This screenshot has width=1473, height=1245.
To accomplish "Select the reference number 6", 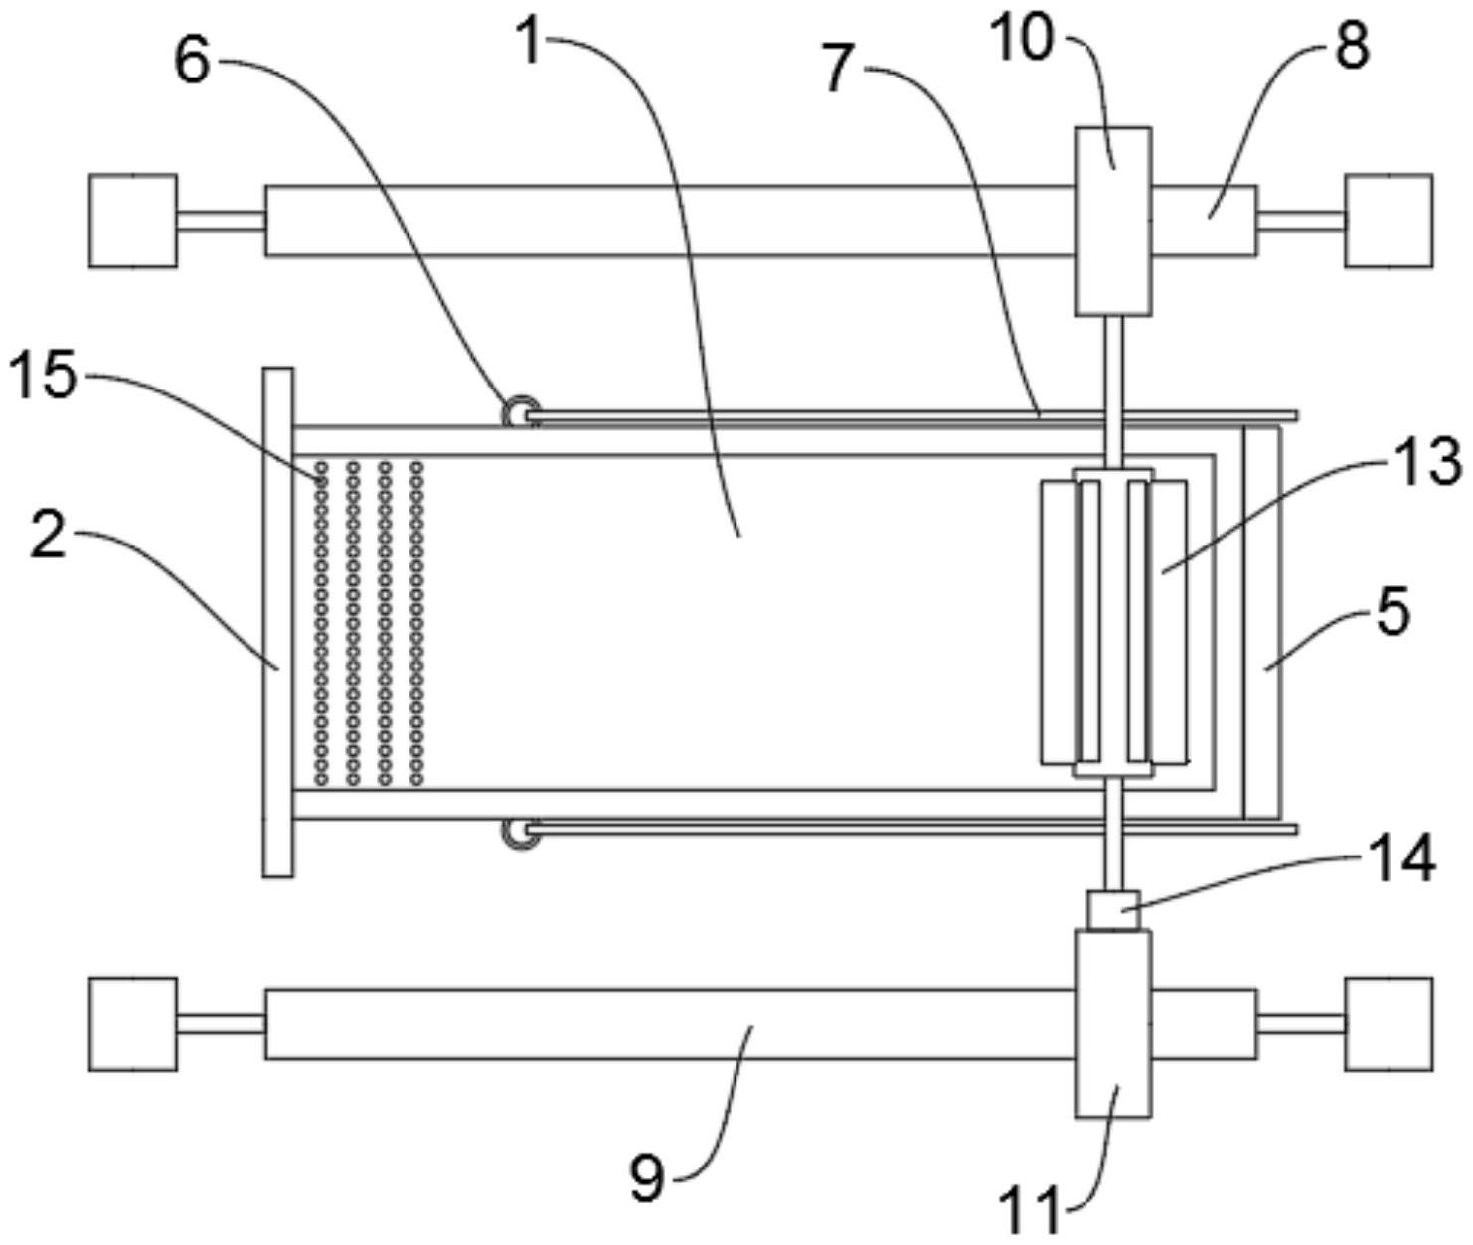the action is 193,62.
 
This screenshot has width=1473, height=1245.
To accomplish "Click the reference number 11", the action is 1031,1210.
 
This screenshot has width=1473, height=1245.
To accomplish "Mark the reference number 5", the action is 1394,610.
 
